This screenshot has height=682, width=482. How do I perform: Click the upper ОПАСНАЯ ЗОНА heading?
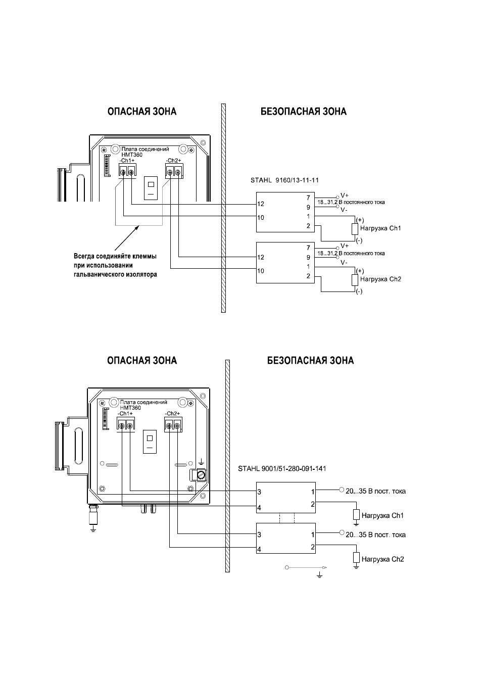coord(142,112)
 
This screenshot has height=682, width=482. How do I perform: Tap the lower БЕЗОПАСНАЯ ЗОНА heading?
coord(310,361)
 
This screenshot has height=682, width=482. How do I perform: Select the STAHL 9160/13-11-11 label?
coord(284,180)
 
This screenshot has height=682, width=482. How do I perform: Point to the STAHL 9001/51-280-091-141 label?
coord(282,469)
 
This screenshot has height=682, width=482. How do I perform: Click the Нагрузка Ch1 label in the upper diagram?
coord(380,228)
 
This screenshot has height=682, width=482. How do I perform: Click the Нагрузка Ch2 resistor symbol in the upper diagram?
coord(355,280)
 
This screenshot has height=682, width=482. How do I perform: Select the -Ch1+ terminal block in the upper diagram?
coord(127,170)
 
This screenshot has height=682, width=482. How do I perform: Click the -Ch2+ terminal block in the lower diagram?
coord(173,425)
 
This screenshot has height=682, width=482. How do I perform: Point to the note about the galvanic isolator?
coord(115,265)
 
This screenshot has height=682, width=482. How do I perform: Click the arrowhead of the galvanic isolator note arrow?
coord(137,227)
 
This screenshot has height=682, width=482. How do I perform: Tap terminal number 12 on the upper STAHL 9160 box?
coord(261,204)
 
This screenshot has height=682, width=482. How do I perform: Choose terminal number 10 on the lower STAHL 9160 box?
coord(261,271)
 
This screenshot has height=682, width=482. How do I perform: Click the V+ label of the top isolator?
coord(345,196)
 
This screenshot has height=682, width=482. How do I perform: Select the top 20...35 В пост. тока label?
coord(375,491)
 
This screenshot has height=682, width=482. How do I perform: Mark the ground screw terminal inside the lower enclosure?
coord(201,475)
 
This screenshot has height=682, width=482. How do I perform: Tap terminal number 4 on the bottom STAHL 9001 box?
coord(259,550)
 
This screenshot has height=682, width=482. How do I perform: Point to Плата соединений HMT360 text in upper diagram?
coord(145,152)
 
